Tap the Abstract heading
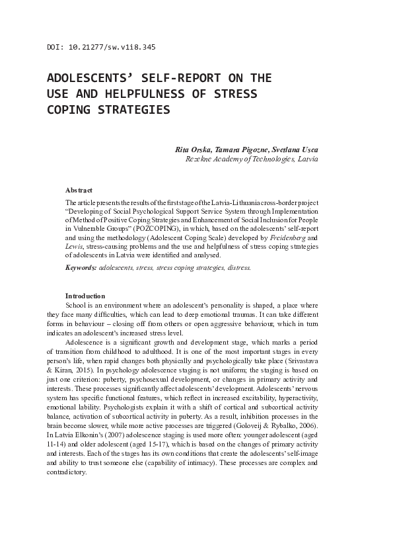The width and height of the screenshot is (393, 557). [x=79, y=190]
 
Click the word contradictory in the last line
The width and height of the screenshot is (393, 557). [x=68, y=472]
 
